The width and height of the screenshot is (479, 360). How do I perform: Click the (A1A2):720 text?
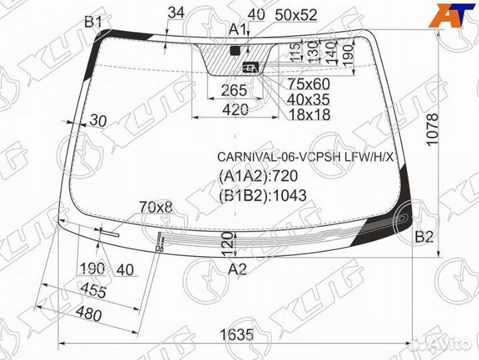tap(256, 176)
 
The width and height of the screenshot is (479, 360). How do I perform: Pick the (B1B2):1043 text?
tap(262, 195)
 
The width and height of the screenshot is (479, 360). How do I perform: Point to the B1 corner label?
tap(93, 23)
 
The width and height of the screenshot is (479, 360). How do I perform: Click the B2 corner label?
tap(424, 237)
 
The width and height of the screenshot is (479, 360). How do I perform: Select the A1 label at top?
tap(238, 29)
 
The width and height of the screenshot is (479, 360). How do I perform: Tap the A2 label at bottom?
tap(238, 269)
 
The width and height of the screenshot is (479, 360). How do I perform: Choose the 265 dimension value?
tap(234, 90)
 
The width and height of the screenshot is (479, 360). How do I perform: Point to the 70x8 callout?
tap(155, 207)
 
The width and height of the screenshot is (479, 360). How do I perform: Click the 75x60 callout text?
tap(308, 84)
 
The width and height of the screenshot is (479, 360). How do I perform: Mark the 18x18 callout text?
tap(308, 115)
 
